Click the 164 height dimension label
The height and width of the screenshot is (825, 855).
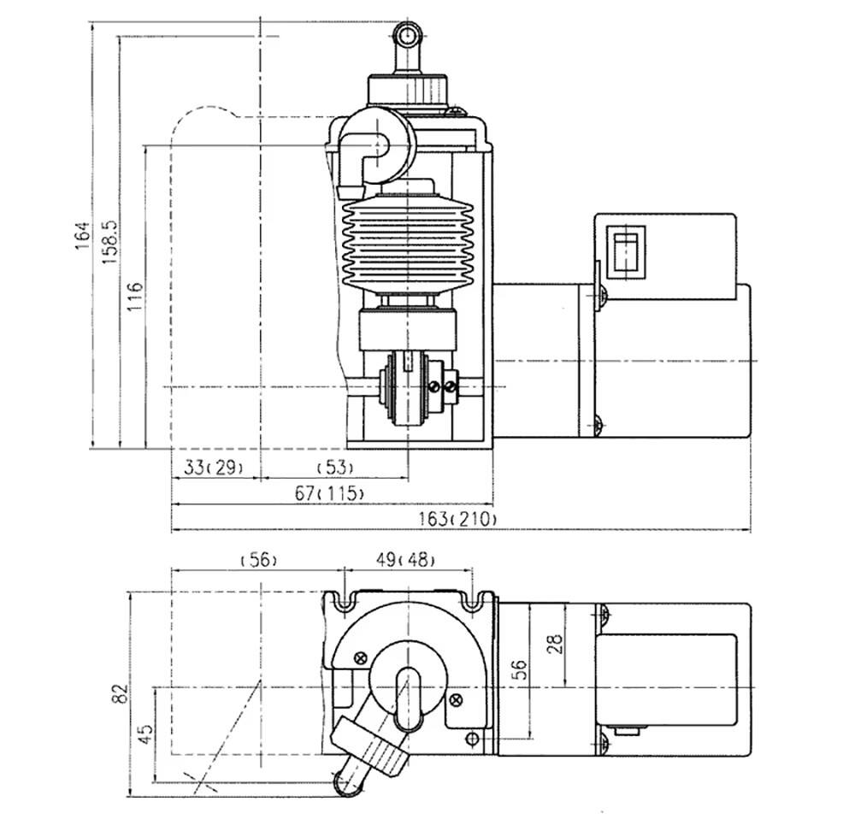coord(82,235)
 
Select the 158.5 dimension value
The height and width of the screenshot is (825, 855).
coord(109,242)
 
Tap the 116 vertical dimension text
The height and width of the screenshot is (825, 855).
coord(135,297)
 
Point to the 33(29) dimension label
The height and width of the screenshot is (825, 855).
coord(212,468)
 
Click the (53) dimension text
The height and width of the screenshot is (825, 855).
coord(335,468)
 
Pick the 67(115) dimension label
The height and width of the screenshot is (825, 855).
coord(329,493)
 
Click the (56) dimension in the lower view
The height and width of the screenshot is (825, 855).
coord(258,560)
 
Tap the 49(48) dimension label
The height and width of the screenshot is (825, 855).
coord(405,560)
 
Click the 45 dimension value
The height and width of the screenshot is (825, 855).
coord(145,734)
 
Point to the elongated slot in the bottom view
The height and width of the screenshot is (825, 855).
coord(407,698)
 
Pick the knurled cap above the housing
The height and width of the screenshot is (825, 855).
coord(408,90)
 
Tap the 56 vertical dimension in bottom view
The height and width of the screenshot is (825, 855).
coord(521,669)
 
